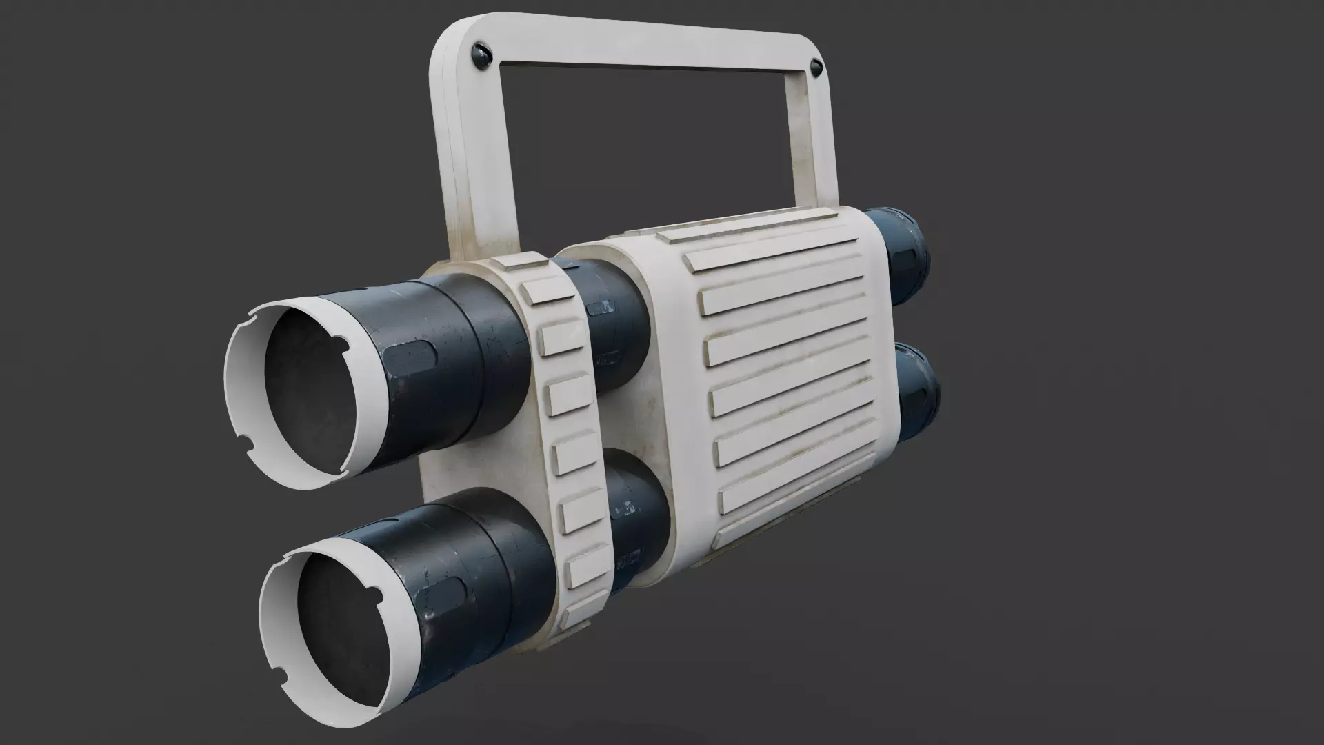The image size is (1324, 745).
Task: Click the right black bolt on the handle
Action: tap(816, 68)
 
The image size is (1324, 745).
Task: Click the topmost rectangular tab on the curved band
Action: tap(548, 290)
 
